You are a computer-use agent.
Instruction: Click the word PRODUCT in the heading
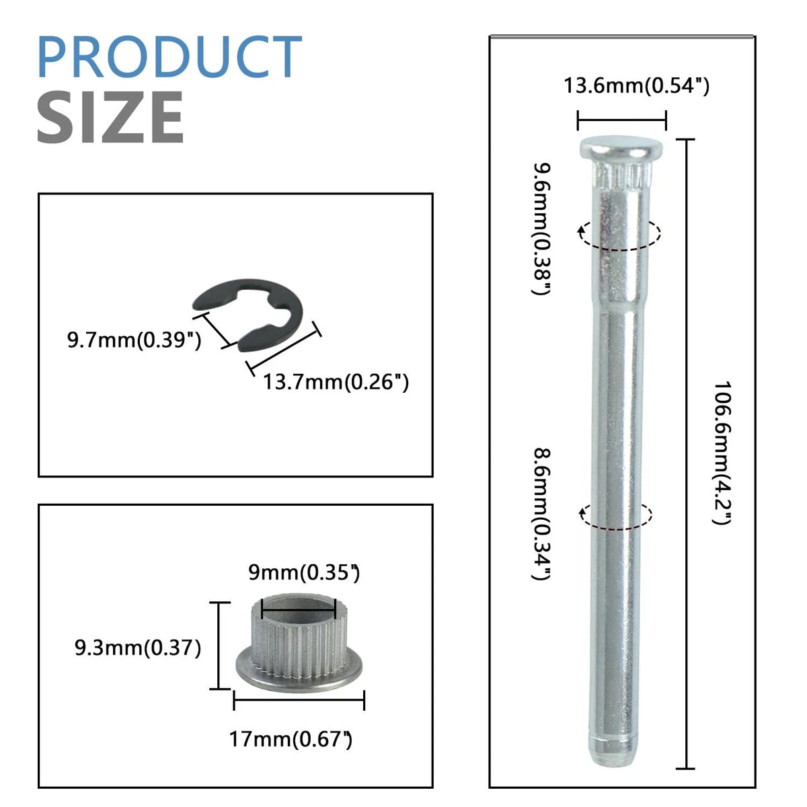[x=169, y=56]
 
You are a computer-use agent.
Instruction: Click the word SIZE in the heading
[x=110, y=117]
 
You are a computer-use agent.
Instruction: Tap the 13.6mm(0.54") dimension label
[x=637, y=86]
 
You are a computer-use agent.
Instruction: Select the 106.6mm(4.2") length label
[x=722, y=453]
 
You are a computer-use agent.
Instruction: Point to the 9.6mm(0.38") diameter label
[x=541, y=229]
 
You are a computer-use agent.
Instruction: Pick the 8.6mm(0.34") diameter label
[x=541, y=514]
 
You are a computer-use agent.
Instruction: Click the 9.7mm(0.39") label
[x=134, y=340]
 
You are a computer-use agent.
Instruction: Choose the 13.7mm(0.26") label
[x=336, y=383]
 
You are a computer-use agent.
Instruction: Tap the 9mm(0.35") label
[x=304, y=572]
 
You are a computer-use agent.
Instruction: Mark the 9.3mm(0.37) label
[x=139, y=648]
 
